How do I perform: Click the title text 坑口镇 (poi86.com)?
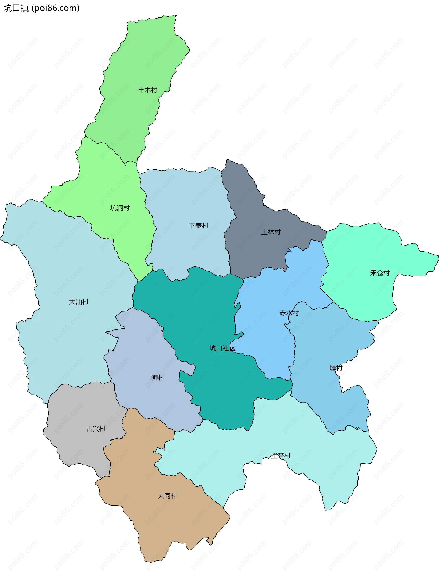click(x=41, y=8)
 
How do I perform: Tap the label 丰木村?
click(x=147, y=90)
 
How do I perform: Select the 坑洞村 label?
click(x=120, y=208)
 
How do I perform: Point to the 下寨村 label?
click(x=198, y=225)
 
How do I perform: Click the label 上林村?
click(x=271, y=232)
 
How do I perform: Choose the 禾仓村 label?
click(x=380, y=273)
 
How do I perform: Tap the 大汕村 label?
click(x=79, y=302)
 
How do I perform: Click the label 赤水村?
click(x=289, y=313)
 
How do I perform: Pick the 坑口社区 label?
click(x=222, y=348)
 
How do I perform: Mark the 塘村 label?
click(x=336, y=368)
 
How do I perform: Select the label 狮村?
click(x=158, y=378)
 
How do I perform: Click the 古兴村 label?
click(x=96, y=429)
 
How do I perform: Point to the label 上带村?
click(x=281, y=456)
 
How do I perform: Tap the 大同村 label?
click(x=167, y=496)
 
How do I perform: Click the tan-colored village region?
click(x=170, y=523)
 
